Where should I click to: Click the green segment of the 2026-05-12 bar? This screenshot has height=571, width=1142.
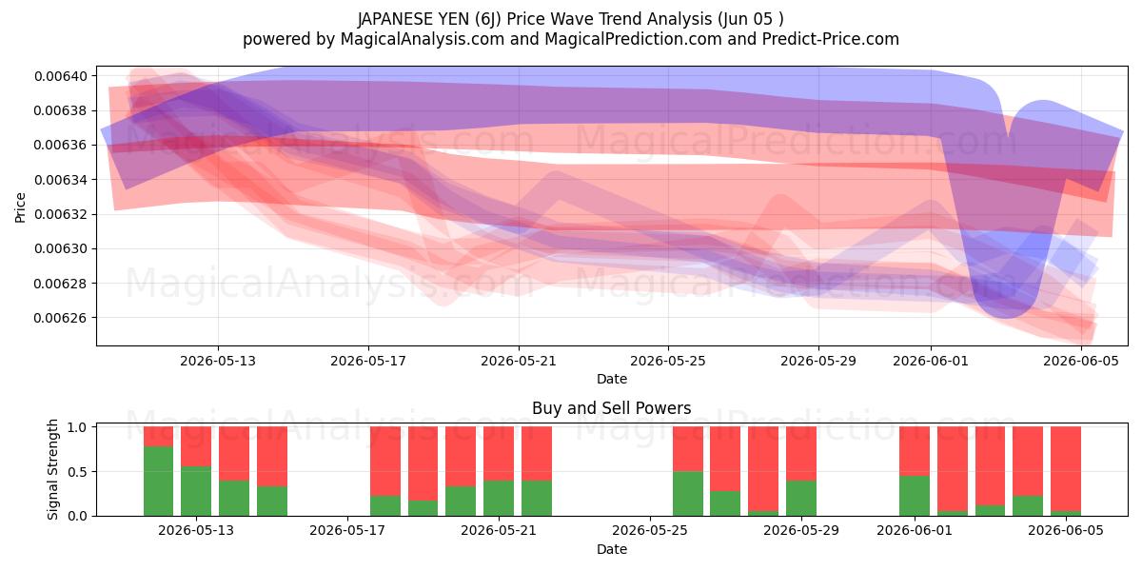pyautogui.click(x=158, y=482)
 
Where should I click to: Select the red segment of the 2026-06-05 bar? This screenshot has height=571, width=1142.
pyautogui.click(x=1066, y=468)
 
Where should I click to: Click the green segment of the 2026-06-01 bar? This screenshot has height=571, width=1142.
pyautogui.click(x=915, y=496)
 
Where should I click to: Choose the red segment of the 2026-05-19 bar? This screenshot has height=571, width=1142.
pyautogui.click(x=423, y=463)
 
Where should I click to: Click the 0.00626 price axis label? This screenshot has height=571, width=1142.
pyautogui.click(x=61, y=318)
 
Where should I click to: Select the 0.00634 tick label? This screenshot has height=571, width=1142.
pyautogui.click(x=61, y=180)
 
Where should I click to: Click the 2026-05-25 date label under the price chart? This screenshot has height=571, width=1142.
pyautogui.click(x=668, y=361)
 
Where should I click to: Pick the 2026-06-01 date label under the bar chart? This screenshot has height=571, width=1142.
pyautogui.click(x=915, y=530)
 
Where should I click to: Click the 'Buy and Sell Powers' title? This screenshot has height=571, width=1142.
pyautogui.click(x=611, y=408)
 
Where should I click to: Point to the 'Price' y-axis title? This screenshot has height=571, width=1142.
pyautogui.click(x=20, y=207)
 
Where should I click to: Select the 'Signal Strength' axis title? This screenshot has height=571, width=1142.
pyautogui.click(x=52, y=469)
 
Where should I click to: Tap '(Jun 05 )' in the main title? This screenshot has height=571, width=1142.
pyautogui.click(x=751, y=19)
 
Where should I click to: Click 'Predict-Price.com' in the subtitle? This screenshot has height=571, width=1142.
pyautogui.click(x=831, y=39)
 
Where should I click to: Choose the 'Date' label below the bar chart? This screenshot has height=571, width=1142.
pyautogui.click(x=612, y=549)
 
